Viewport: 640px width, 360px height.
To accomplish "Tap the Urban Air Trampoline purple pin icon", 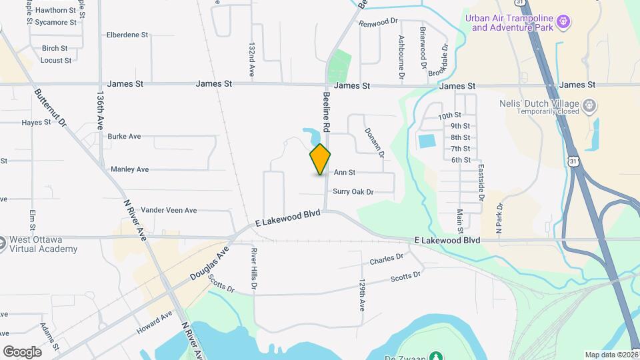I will pyautogui.click(x=563, y=22).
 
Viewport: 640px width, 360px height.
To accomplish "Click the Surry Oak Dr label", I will pyautogui.click(x=353, y=192).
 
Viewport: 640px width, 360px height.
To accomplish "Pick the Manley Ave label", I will pyautogui.click(x=129, y=169).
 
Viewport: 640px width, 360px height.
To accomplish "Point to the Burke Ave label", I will pyautogui.click(x=124, y=136).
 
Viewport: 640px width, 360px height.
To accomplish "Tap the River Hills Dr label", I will pyautogui.click(x=254, y=269).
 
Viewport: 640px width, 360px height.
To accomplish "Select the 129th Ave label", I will pyautogui.click(x=362, y=295).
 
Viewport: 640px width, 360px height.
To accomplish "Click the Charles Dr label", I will pyautogui.click(x=387, y=258).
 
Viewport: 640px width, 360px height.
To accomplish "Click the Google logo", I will pyautogui.click(x=22, y=351).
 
